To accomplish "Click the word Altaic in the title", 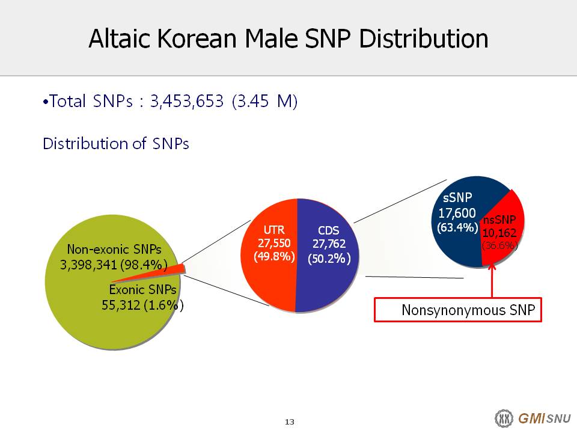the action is (x=120, y=38).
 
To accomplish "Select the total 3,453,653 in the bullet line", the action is (x=186, y=101).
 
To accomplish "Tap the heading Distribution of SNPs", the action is (x=116, y=143).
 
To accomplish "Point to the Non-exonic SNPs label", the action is (x=114, y=249).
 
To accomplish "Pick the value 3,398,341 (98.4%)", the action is (x=114, y=265).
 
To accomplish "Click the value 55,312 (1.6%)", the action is (x=142, y=306).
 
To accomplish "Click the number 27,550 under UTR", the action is (x=274, y=243).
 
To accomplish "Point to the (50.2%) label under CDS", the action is (x=329, y=259).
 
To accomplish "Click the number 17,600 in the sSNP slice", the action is (x=457, y=213).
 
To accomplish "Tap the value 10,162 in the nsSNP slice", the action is (x=499, y=233).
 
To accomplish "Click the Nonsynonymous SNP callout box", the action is (x=458, y=310).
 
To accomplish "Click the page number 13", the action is (x=290, y=422).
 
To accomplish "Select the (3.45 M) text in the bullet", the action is (x=264, y=101).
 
